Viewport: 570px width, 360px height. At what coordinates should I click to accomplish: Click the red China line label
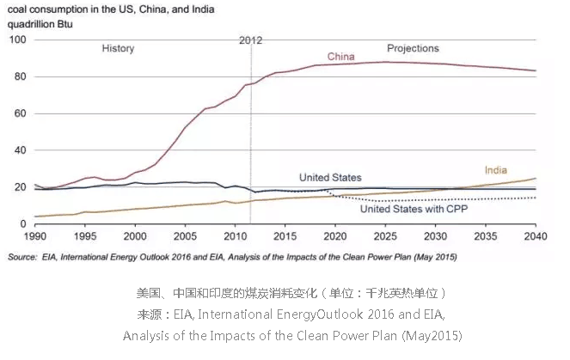[341, 58]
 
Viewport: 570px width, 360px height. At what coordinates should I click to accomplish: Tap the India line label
[495, 170]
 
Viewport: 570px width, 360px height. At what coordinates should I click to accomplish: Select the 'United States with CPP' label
[407, 209]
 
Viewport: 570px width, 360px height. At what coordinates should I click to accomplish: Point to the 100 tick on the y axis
[17, 40]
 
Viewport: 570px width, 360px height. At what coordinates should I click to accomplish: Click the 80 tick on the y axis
[21, 76]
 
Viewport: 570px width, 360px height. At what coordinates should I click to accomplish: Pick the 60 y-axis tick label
[21, 113]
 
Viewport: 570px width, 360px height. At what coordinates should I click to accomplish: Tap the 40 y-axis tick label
[21, 150]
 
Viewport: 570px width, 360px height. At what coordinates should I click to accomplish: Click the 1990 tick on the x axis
[35, 235]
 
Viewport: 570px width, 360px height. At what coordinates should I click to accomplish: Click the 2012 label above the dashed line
[249, 40]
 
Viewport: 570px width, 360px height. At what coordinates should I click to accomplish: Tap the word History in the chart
[118, 49]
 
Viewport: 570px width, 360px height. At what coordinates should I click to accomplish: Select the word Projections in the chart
[413, 49]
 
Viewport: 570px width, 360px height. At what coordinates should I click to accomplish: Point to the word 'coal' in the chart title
[18, 9]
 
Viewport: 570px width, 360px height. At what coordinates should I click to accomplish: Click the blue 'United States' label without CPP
[330, 177]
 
